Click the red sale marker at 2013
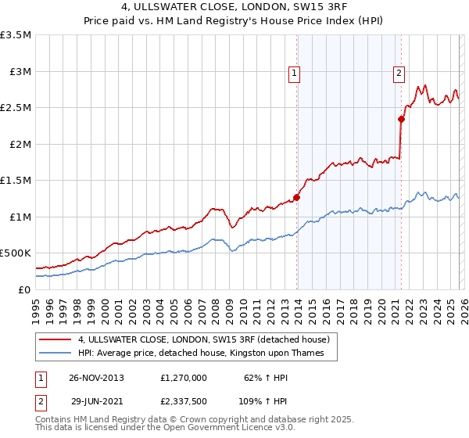coord(297,197)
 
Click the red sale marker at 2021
coord(401,120)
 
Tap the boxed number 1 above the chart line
coord(295,74)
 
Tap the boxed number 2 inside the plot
coord(399,74)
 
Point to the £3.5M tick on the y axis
coord(16,35)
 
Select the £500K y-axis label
coord(16,253)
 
